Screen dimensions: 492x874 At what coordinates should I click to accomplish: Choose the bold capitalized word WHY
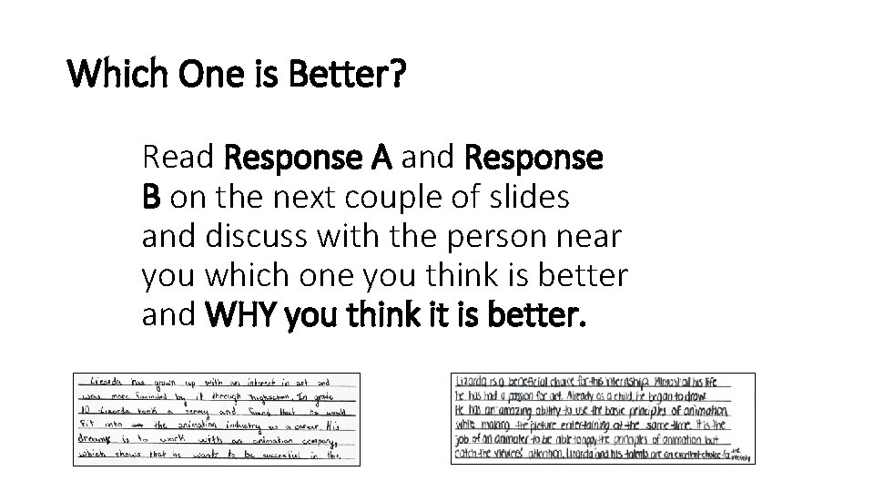click(242, 315)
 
